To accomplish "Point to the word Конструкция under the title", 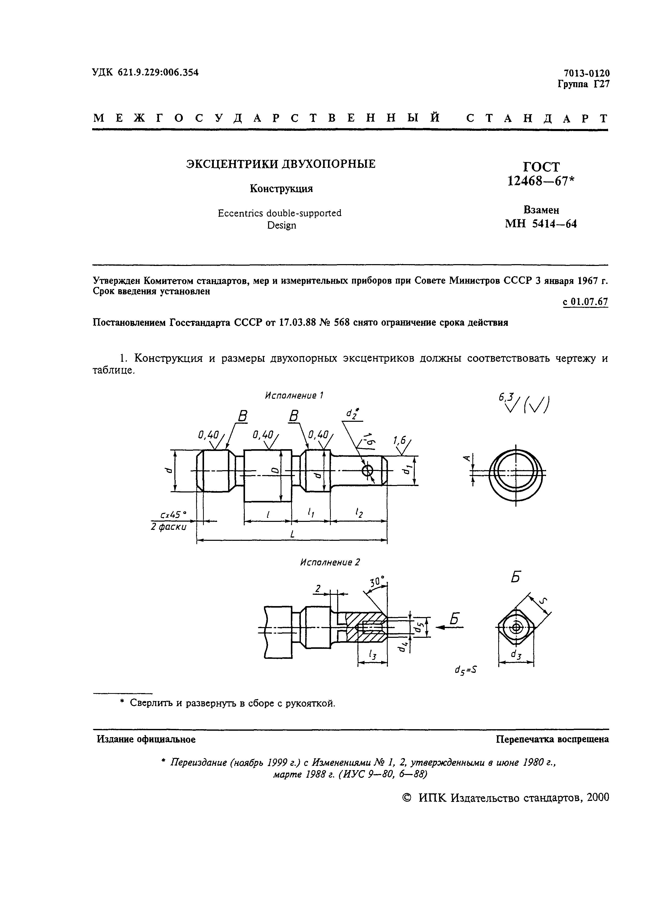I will (x=281, y=189).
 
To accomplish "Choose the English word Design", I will (x=282, y=225).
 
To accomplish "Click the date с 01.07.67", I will (x=585, y=302).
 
